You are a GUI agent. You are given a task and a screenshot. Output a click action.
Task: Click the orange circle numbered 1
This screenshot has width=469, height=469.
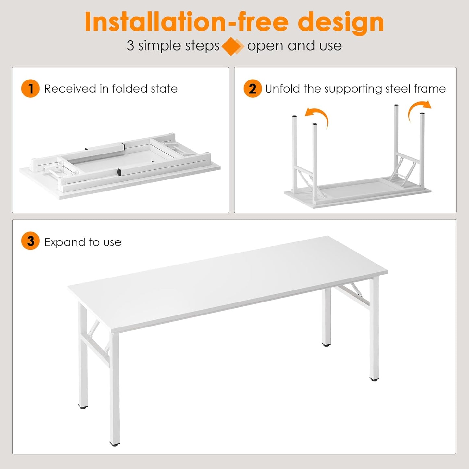[x=30, y=89]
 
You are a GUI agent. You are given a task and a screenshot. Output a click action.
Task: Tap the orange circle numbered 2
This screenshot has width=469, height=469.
[x=253, y=89]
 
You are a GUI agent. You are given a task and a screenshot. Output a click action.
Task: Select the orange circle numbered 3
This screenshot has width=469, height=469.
[x=30, y=241]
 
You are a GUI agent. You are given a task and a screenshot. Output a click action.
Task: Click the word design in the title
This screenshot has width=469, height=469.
[x=340, y=22]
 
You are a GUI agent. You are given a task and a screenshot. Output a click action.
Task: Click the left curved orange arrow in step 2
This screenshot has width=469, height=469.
[x=318, y=117]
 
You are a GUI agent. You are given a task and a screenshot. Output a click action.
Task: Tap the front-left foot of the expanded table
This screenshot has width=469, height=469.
[x=114, y=443]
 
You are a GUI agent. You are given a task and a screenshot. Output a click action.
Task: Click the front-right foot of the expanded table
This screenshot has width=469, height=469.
[x=374, y=378]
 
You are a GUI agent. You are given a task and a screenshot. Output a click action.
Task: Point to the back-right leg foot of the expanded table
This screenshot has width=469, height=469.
[x=326, y=344]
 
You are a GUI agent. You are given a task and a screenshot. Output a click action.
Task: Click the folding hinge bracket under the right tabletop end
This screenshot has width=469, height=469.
[x=356, y=291]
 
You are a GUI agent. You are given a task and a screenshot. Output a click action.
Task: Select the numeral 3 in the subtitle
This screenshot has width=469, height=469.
[x=130, y=45]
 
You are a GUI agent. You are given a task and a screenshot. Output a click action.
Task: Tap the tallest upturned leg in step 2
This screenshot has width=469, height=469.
[x=396, y=136]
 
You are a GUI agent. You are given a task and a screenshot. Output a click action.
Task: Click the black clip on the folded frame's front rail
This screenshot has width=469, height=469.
[x=119, y=172]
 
